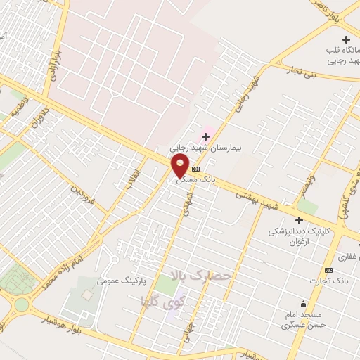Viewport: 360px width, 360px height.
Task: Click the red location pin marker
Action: [x=180, y=166]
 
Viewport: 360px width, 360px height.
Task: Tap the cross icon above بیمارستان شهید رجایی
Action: [x=205, y=136]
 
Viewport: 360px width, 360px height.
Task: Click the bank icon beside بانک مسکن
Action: [x=195, y=169]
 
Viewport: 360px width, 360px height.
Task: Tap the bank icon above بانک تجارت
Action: [x=328, y=271]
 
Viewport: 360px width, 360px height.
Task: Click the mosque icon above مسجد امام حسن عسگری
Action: [x=303, y=304]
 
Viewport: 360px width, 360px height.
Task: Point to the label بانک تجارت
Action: [x=328, y=281]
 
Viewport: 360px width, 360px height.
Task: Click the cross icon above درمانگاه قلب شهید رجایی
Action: [x=345, y=39]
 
